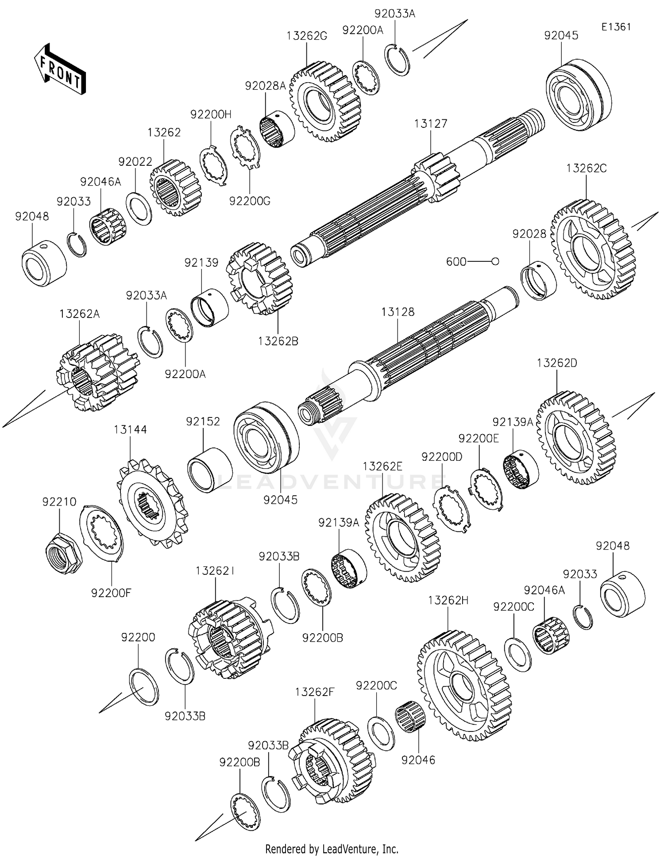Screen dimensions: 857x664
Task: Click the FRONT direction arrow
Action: [x=60, y=69]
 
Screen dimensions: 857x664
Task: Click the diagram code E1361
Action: [x=616, y=27]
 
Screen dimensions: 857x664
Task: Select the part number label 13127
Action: [x=431, y=124]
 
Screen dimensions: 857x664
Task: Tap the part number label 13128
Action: [x=398, y=312]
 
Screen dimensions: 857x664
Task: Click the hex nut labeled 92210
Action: [x=64, y=552]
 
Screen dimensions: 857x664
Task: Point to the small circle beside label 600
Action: [x=495, y=262]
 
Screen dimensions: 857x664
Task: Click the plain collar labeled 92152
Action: [x=210, y=470]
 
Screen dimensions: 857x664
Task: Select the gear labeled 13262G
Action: [x=325, y=102]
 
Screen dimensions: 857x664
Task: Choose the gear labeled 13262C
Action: [x=593, y=249]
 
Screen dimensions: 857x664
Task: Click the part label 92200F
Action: [x=112, y=593]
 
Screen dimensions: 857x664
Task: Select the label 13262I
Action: [x=215, y=571]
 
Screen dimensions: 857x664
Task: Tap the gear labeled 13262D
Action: [x=575, y=438]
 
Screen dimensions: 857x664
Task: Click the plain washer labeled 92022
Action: [x=139, y=209]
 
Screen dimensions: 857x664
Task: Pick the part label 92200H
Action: [x=211, y=115]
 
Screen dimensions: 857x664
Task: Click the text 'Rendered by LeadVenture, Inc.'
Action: [x=332, y=849]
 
